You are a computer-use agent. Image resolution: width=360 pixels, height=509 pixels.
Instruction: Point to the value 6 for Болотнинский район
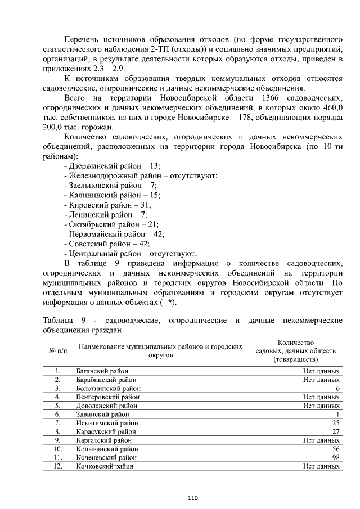click(x=337, y=389)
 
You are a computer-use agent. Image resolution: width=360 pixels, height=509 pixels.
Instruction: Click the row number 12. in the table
click(x=57, y=466)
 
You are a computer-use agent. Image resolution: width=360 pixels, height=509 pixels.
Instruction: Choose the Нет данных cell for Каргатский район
click(x=321, y=440)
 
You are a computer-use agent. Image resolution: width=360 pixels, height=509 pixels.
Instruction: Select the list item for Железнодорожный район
click(x=141, y=175)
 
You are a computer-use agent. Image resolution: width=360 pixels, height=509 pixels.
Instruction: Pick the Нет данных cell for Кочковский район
click(x=321, y=466)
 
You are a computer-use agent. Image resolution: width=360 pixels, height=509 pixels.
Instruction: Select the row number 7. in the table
click(x=57, y=422)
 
